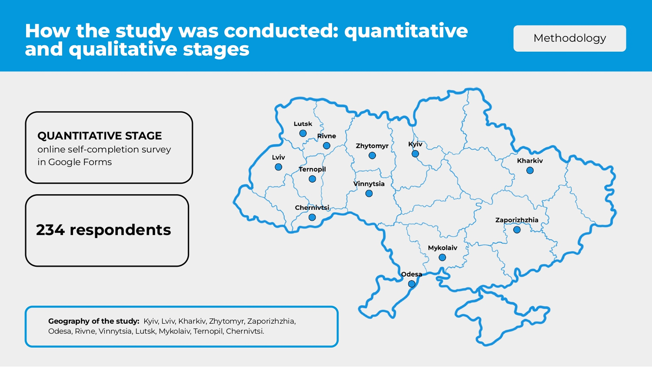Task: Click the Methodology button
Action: [x=570, y=39]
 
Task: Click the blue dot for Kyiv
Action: [x=415, y=153]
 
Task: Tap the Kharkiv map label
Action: [x=530, y=161]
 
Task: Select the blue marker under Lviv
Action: [x=278, y=167]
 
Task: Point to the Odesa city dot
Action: [x=412, y=284]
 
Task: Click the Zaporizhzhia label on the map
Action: [x=516, y=220]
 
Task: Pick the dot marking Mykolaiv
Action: [x=442, y=257]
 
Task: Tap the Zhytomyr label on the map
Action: [x=372, y=146]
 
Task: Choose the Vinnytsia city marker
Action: [x=369, y=193]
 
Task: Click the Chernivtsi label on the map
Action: [x=312, y=208]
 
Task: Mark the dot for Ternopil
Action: [x=312, y=179]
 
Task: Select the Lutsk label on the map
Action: [x=303, y=124]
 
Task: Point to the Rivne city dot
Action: [x=326, y=145]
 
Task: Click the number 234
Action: [x=50, y=230]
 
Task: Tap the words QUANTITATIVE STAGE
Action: [x=100, y=135]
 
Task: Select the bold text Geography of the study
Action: [x=94, y=321]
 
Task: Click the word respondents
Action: [x=120, y=230]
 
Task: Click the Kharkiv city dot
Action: [x=530, y=171]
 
